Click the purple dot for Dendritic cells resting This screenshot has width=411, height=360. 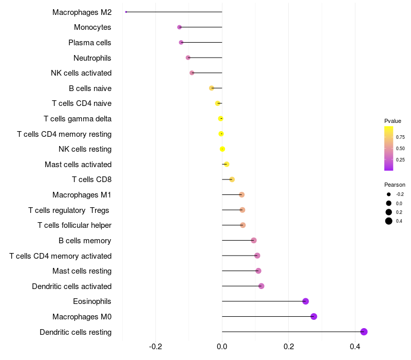coord(364,332)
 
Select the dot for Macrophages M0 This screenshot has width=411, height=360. coord(314,316)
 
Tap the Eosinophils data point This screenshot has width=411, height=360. coord(306,301)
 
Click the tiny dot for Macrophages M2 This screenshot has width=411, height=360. coord(126,12)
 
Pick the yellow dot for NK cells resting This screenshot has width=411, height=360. coord(222,149)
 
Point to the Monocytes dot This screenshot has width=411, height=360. coord(179,27)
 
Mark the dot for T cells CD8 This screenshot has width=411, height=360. coord(232,179)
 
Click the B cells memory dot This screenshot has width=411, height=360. coord(254,240)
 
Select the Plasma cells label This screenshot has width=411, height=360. coord(90,43)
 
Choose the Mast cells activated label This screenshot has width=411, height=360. coord(78,165)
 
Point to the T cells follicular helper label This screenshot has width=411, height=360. coord(74,225)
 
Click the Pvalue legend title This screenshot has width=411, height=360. coord(393,121)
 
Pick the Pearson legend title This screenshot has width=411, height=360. coord(395,185)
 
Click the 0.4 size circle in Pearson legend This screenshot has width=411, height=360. coord(389,221)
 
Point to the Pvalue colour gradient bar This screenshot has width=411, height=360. coord(389,148)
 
